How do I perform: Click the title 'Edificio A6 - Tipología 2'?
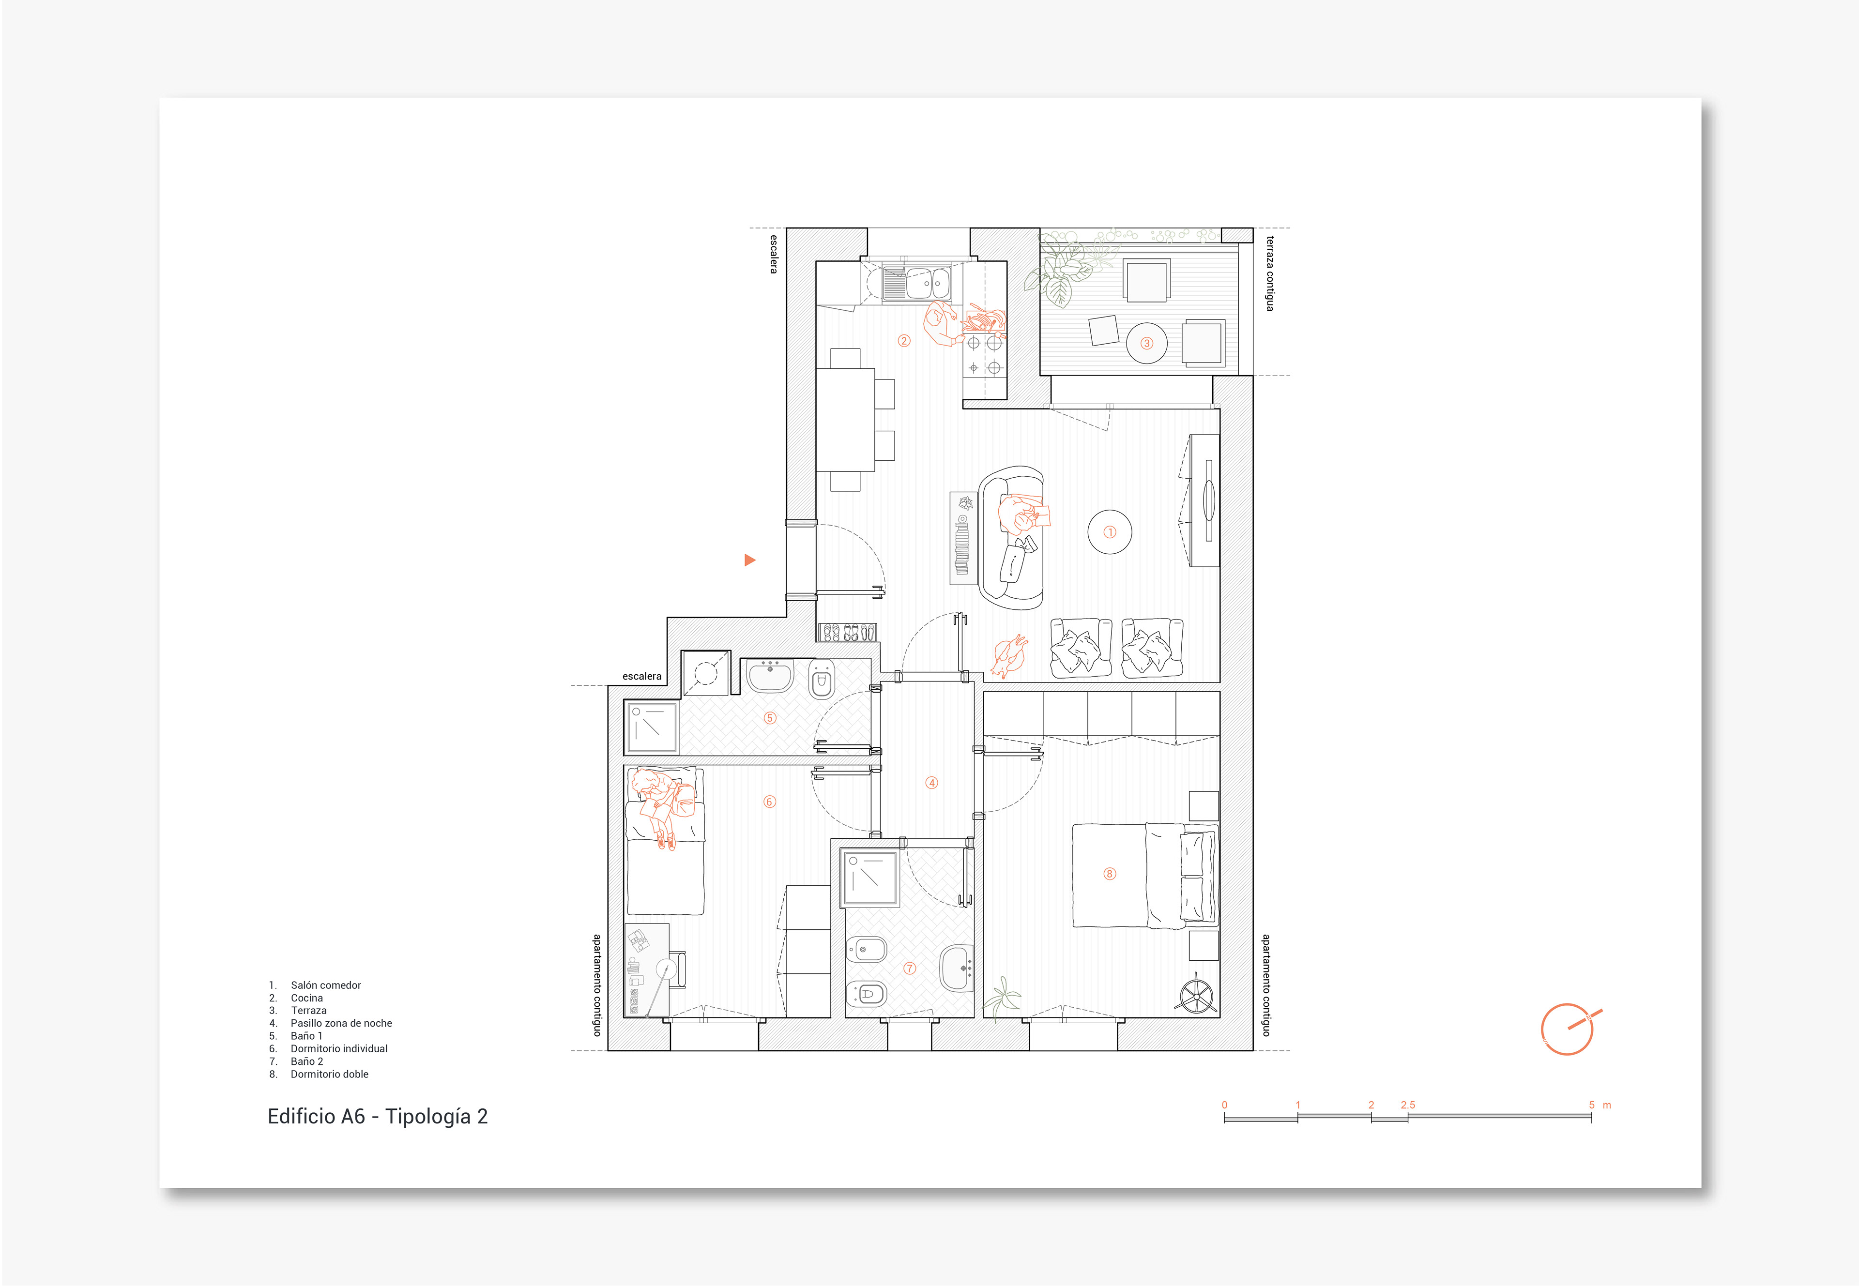pyautogui.click(x=378, y=1117)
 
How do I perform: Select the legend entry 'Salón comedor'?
pyautogui.click(x=326, y=985)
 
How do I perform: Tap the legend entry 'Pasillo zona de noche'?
pyautogui.click(x=341, y=1023)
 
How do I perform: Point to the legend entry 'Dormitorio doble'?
pyautogui.click(x=329, y=1074)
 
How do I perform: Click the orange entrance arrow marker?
pyautogui.click(x=749, y=560)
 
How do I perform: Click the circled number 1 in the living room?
pyautogui.click(x=1110, y=532)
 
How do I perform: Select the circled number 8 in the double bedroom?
pyautogui.click(x=1110, y=874)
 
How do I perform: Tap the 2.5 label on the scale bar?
pyautogui.click(x=1407, y=1105)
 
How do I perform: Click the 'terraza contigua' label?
pyautogui.click(x=1269, y=273)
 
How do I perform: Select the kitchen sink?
pyautogui.click(x=916, y=284)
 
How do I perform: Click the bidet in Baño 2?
pyautogui.click(x=866, y=950)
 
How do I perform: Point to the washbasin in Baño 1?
pyautogui.click(x=770, y=676)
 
